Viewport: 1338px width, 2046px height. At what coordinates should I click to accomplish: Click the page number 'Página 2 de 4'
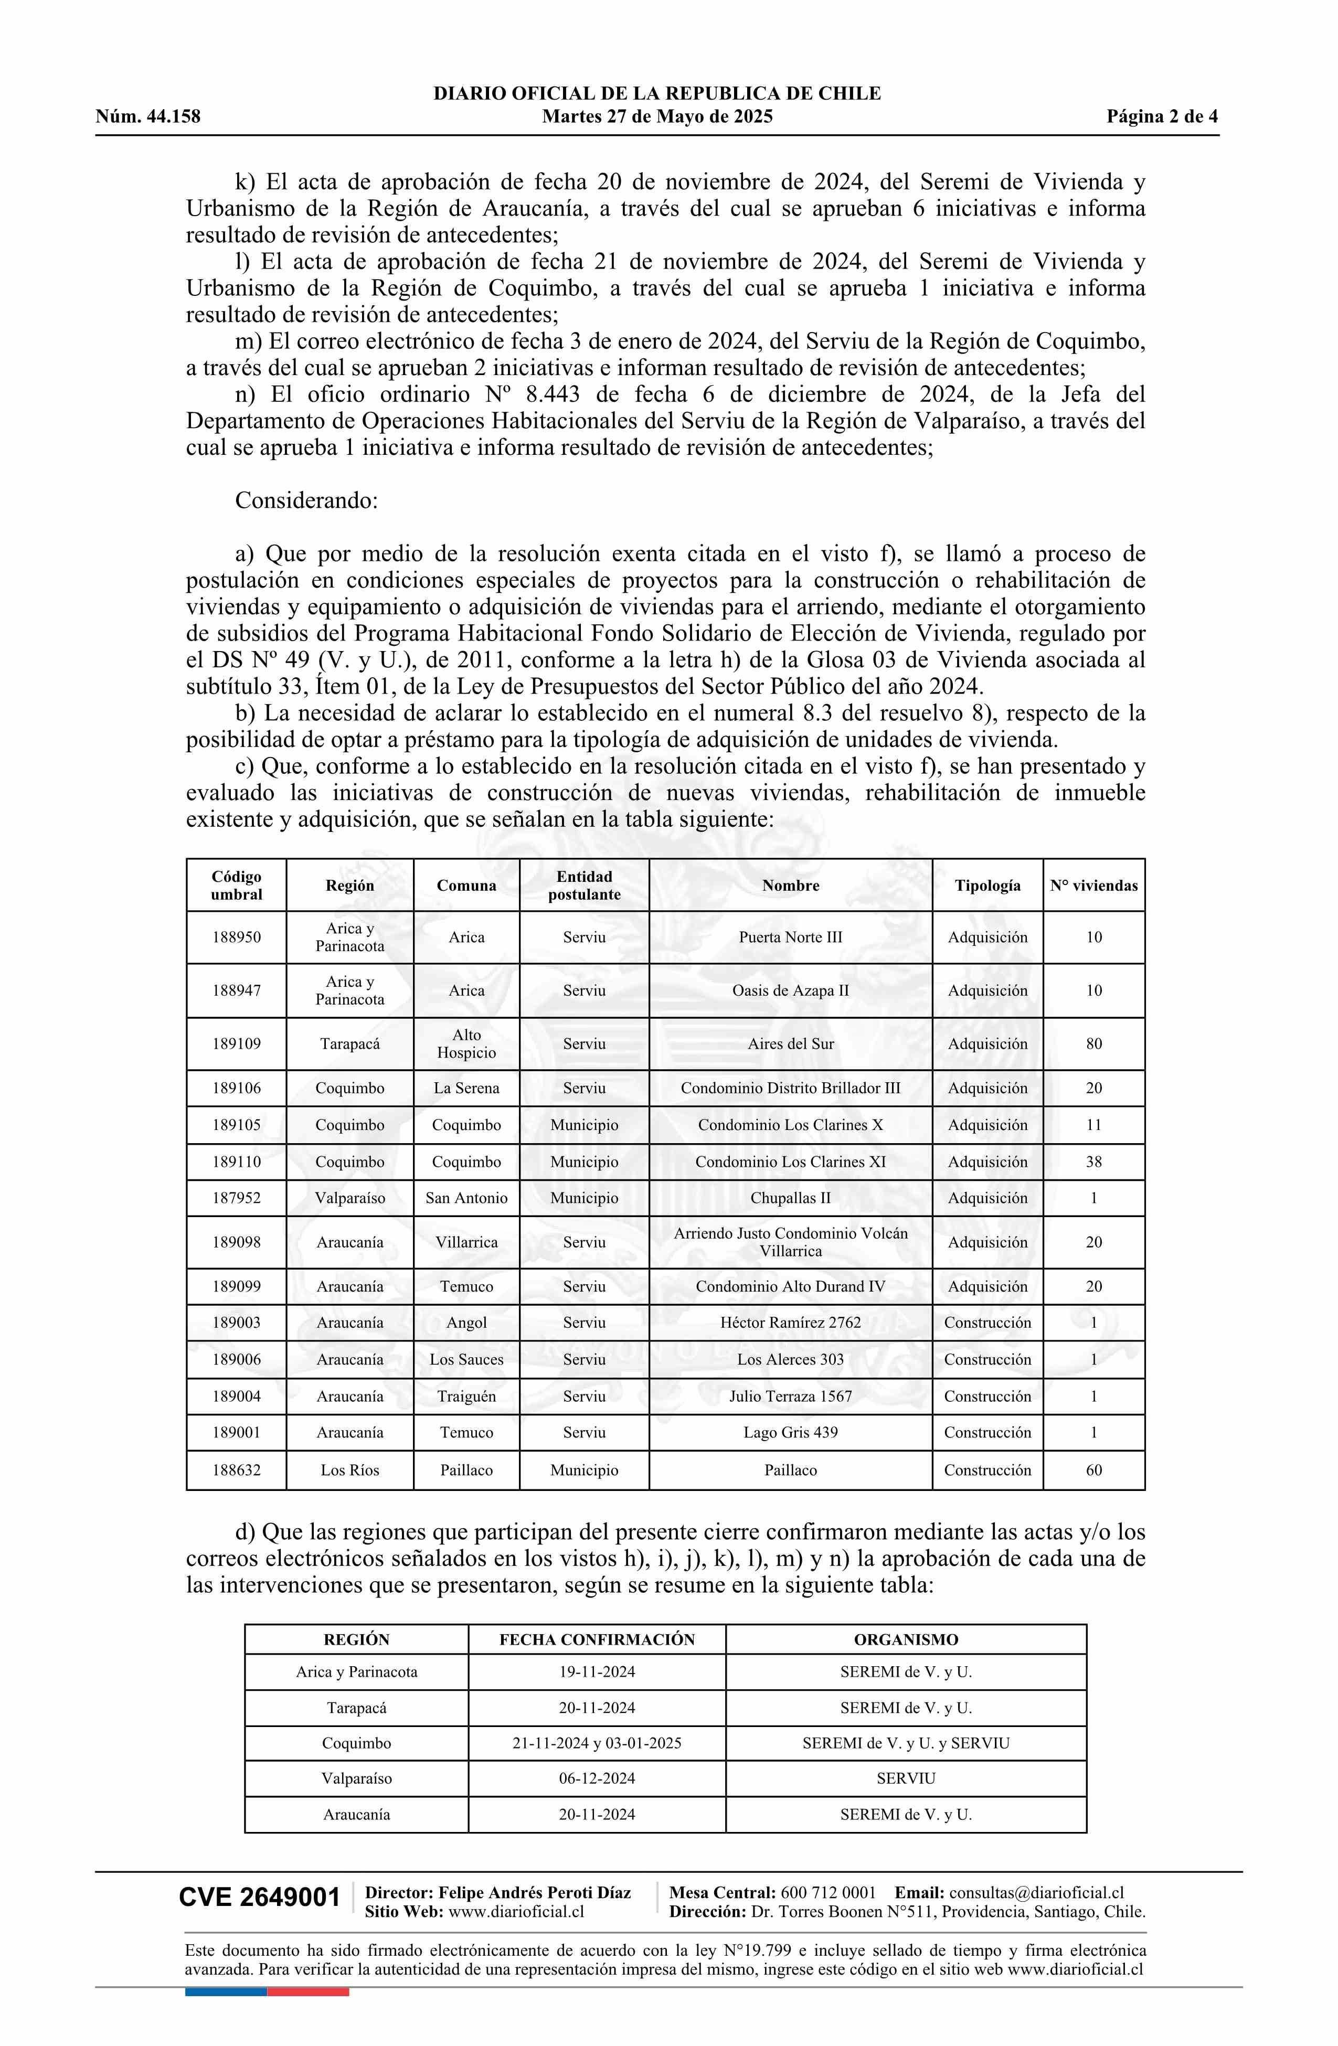[x=1162, y=117]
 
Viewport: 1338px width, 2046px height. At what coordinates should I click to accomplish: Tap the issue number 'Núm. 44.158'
[x=148, y=117]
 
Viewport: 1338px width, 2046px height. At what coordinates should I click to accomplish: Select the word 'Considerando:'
[x=306, y=500]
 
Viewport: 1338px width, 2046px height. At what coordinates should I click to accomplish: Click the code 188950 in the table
[x=237, y=937]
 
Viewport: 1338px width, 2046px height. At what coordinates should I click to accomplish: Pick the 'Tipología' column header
[x=987, y=886]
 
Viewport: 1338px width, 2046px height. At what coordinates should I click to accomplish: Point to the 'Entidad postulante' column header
[x=584, y=886]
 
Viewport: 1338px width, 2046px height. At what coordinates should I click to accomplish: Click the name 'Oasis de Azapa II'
[x=790, y=990]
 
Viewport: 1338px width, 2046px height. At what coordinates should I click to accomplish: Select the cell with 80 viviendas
[x=1093, y=1043]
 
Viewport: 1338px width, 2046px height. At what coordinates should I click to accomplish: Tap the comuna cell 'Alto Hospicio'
[x=466, y=1043]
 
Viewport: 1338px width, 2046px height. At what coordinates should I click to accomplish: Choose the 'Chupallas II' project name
[x=790, y=1198]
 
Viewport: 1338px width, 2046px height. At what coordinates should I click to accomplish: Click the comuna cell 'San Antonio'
[x=466, y=1198]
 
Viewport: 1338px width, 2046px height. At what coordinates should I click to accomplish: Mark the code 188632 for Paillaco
[x=237, y=1470]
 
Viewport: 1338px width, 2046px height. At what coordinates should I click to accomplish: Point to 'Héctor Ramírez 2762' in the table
[x=790, y=1322]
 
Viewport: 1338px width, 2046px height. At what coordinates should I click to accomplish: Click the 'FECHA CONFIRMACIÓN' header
[x=597, y=1639]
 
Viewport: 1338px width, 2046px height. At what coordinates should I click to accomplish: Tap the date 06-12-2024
[x=597, y=1778]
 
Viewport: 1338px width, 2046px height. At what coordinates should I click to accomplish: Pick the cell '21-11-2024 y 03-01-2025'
[x=597, y=1743]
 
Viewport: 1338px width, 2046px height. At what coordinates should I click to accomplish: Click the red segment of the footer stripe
[x=308, y=1992]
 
